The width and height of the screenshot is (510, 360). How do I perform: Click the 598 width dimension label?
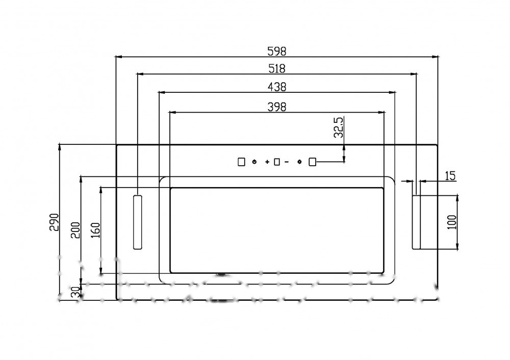coord(277,51)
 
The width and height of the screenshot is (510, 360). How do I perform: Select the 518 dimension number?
coord(277,69)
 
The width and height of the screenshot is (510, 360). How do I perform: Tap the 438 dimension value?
coord(277,87)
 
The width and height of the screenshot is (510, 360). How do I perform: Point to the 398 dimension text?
coord(277,107)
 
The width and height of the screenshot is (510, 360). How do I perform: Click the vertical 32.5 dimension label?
coord(339,127)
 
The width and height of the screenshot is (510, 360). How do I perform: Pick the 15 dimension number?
coord(450,176)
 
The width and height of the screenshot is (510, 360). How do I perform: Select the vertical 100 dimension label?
coord(452,222)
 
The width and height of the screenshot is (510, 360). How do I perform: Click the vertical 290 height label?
coord(54,222)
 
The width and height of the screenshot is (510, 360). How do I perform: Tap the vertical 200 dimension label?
coord(75,230)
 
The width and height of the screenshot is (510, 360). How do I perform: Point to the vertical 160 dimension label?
coord(95,230)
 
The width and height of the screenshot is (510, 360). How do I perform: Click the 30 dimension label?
coord(75,292)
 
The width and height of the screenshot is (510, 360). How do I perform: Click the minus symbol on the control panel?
coord(287,162)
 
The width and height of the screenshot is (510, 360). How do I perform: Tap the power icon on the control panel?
coord(254,162)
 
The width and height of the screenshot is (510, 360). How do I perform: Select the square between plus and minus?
coord(277,162)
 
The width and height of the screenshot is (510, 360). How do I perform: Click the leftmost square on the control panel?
coord(241,162)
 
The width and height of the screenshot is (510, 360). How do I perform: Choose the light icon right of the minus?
coord(299,162)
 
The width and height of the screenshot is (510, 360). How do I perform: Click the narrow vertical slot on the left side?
coord(138,222)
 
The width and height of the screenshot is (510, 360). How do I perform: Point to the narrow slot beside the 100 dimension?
coord(416,222)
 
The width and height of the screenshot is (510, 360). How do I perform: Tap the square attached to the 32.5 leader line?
coord(312,162)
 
